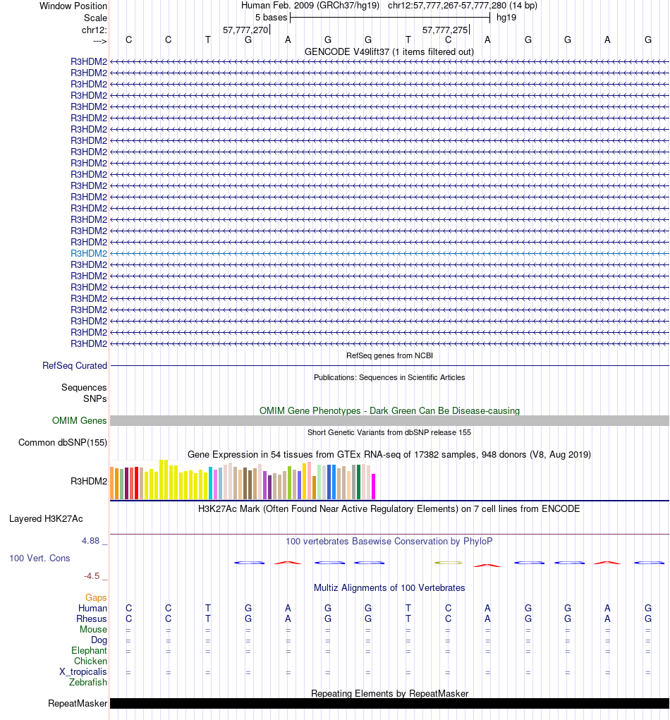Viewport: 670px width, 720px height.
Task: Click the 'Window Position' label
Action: click(x=73, y=6)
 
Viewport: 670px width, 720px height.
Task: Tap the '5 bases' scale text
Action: click(x=271, y=17)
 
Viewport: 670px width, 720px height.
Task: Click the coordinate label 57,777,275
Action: click(x=444, y=30)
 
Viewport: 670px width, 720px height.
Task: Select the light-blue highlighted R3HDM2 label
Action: click(x=89, y=253)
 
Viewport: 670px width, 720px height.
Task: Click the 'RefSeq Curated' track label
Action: click(x=75, y=366)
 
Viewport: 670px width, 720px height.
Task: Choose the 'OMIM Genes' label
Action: click(x=80, y=421)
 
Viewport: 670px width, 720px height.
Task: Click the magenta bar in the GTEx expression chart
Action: click(x=374, y=486)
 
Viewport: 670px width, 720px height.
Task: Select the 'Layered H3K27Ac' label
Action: click(x=46, y=519)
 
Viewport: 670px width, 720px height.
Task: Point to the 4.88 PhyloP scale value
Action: click(x=95, y=542)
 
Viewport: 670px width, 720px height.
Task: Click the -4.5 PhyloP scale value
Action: click(x=96, y=575)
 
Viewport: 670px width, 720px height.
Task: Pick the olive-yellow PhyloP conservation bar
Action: click(x=449, y=563)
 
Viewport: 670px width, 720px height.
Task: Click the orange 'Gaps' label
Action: click(x=96, y=597)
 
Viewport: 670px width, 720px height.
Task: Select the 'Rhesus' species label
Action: click(x=92, y=618)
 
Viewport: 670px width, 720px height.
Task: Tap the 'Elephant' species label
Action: click(x=89, y=650)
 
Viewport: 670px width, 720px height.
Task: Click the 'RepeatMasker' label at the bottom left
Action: click(x=78, y=704)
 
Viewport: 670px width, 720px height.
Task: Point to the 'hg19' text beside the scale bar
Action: click(x=506, y=17)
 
